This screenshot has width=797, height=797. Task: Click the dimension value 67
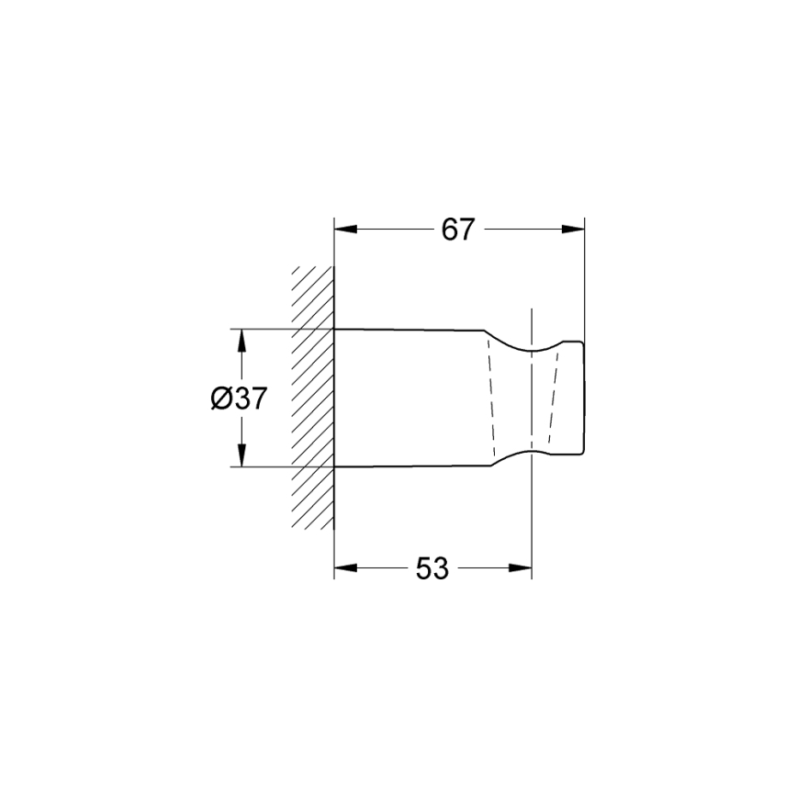coord(457,230)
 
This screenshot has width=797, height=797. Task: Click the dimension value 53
coord(432,569)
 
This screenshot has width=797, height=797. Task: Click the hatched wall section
coord(313,398)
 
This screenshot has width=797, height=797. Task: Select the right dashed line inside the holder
coord(553,398)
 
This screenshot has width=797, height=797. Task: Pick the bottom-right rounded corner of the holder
coord(579,451)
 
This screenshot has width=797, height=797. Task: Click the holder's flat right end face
coord(584,398)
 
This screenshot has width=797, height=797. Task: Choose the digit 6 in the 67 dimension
coord(449,230)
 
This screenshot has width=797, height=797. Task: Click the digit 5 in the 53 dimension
coord(424,569)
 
